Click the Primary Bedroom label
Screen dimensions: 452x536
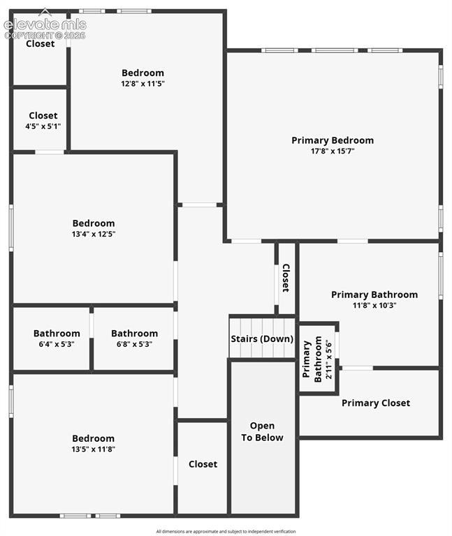pyautogui.click(x=333, y=140)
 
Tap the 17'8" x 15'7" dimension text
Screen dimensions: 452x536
pyautogui.click(x=333, y=151)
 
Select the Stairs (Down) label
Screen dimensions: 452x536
pyautogui.click(x=262, y=338)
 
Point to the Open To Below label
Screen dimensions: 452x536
pyautogui.click(x=262, y=431)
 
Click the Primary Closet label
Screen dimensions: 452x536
pyautogui.click(x=376, y=403)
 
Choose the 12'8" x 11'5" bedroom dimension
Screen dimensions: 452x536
pyautogui.click(x=143, y=84)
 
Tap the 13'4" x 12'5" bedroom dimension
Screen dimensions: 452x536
pyautogui.click(x=94, y=234)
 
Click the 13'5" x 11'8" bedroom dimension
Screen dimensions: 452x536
pyautogui.click(x=93, y=449)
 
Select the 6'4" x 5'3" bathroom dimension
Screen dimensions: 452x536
pyautogui.click(x=57, y=344)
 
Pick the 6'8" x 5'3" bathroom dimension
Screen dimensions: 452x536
pyautogui.click(x=134, y=344)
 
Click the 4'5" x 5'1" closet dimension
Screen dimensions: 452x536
pyautogui.click(x=43, y=126)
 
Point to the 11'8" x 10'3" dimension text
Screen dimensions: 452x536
pyautogui.click(x=374, y=305)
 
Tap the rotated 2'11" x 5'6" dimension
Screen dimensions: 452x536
pyautogui.click(x=328, y=359)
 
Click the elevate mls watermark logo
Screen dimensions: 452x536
pyautogui.click(x=45, y=24)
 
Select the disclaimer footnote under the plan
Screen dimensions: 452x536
pyautogui.click(x=226, y=531)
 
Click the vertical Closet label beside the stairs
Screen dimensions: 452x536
pyautogui.click(x=286, y=278)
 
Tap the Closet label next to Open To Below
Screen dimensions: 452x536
pyautogui.click(x=203, y=464)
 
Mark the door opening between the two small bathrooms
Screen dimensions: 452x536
pyautogui.click(x=92, y=326)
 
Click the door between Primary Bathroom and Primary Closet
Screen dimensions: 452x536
pyautogui.click(x=358, y=368)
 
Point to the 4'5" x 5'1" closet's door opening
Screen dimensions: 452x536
pyautogui.click(x=50, y=152)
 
